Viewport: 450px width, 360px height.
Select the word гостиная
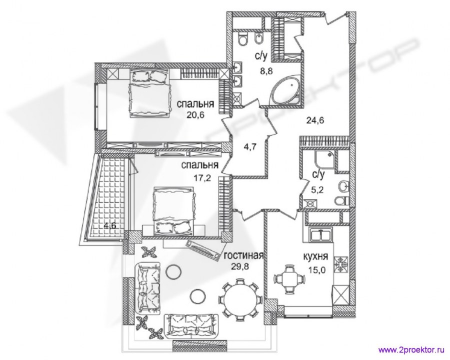pos(243,255)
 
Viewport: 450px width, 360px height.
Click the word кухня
pos(316,256)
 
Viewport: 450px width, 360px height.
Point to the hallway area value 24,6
pos(315,120)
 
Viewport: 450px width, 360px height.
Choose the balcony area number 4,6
pos(110,225)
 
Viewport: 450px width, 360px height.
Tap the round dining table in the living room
pos(240,298)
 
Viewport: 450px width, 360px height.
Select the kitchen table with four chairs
pos(288,278)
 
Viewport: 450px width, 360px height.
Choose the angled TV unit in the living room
pos(202,248)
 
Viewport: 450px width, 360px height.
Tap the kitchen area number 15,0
pos(316,270)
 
